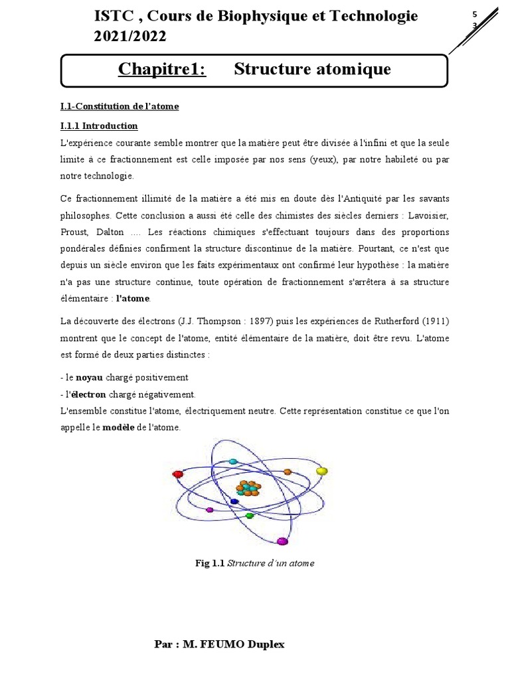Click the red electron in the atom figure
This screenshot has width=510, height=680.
(177, 474)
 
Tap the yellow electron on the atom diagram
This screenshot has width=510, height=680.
(322, 471)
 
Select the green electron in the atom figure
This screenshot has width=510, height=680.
(250, 515)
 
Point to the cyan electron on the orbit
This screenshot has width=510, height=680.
(232, 461)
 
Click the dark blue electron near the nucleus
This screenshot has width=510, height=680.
(234, 501)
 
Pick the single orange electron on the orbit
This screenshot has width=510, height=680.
(288, 471)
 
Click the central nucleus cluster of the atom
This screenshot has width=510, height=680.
(249, 489)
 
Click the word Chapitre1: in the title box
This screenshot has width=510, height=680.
(162, 69)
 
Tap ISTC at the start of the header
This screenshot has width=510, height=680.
(112, 17)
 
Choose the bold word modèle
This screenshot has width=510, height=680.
(118, 428)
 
